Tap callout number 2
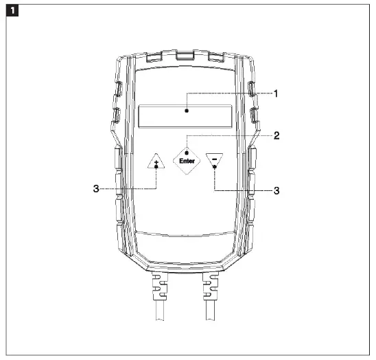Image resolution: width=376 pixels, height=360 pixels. pyautogui.click(x=275, y=135)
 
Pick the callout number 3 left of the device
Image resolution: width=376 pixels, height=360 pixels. pyautogui.click(x=97, y=188)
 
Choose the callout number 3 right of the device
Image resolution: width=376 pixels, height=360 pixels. pyautogui.click(x=276, y=190)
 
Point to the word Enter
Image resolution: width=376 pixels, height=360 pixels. pyautogui.click(x=187, y=161)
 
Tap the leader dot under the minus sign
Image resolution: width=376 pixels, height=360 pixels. pyautogui.click(x=214, y=167)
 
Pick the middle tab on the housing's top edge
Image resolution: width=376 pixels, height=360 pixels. pyautogui.click(x=185, y=53)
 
